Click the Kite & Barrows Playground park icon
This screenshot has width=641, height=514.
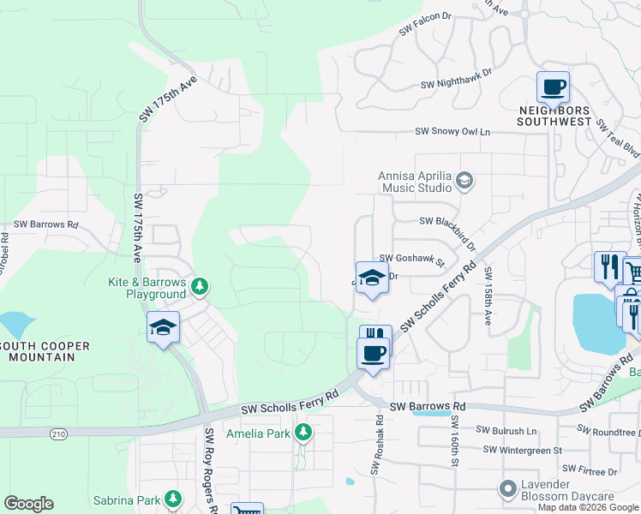199,286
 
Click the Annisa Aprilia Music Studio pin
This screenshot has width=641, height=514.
464,180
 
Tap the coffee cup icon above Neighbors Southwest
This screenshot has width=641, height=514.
553,87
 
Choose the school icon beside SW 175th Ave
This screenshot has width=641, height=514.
163,328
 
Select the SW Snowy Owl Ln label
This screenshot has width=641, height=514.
452,132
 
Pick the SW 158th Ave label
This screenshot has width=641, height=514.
488,296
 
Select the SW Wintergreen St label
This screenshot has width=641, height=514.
522,450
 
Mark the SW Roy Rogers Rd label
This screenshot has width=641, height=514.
209,471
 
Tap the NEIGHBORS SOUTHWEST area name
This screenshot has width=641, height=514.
554,117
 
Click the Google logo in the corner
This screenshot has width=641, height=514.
28,504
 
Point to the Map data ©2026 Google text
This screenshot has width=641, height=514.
588,507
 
